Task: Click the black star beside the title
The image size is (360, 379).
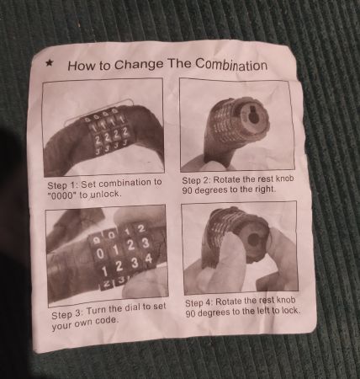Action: coord(50,63)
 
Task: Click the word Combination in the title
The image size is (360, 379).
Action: coord(231,64)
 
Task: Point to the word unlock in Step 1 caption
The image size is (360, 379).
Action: coord(106,194)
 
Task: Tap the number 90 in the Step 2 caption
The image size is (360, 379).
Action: coord(188,190)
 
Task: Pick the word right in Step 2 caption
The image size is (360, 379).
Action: coord(265,189)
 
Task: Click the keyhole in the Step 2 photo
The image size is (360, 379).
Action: coord(254,117)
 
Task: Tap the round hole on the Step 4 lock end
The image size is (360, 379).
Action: coord(253,240)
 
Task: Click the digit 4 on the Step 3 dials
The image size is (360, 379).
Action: coord(147,259)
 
